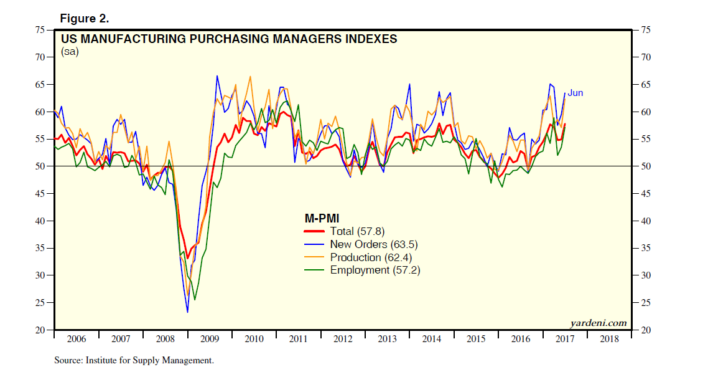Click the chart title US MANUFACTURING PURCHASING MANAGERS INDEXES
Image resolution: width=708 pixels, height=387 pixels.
(229, 39)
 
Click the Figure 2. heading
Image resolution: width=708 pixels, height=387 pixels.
(84, 18)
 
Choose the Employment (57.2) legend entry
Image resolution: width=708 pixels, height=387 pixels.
(375, 270)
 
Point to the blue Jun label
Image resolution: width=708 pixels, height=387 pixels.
(575, 93)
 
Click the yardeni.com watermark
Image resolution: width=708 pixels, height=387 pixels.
(598, 323)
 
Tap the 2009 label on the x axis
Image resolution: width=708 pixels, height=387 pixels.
(210, 339)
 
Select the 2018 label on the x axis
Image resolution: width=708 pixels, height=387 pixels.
(609, 339)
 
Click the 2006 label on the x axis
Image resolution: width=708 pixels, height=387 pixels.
(76, 339)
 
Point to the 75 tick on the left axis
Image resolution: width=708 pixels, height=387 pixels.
(39, 30)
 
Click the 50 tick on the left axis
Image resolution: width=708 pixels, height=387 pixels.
(39, 166)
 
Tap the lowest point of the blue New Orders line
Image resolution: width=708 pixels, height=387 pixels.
(187, 312)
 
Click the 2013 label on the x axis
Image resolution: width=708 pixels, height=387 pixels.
(387, 339)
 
